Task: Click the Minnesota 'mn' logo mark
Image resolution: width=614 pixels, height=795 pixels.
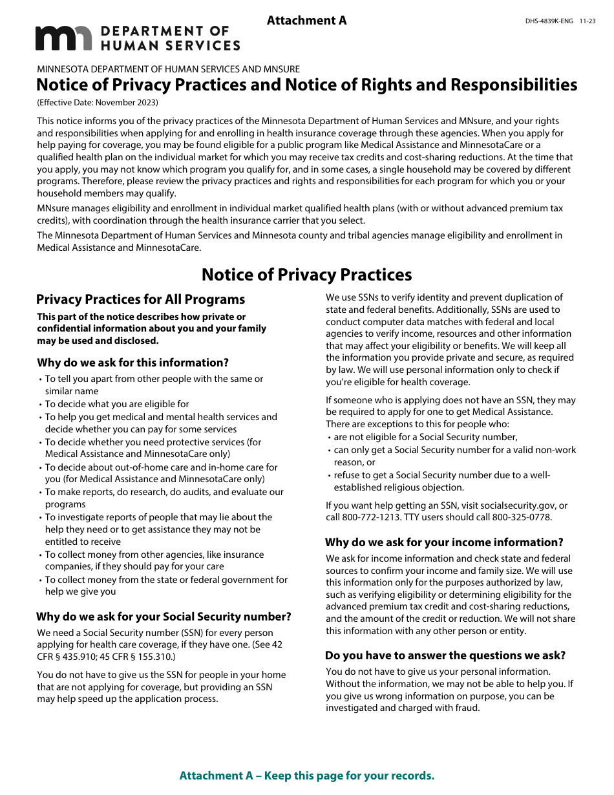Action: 63,39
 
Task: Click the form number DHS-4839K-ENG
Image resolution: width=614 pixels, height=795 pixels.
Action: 549,21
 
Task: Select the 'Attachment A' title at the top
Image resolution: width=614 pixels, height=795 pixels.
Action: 306,21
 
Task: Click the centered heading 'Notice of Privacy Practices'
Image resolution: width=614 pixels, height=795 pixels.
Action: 306,275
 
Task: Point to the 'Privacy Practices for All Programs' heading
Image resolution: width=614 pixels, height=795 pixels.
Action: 140,299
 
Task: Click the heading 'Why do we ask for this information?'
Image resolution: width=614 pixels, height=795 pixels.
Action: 132,363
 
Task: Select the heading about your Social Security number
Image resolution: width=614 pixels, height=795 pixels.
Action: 164,617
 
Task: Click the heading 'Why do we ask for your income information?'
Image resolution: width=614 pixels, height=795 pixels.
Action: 444,542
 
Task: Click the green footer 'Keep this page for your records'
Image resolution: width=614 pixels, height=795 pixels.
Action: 306,776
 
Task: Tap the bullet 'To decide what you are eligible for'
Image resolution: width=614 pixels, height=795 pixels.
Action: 117,404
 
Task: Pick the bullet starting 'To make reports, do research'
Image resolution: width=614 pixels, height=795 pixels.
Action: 164,498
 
